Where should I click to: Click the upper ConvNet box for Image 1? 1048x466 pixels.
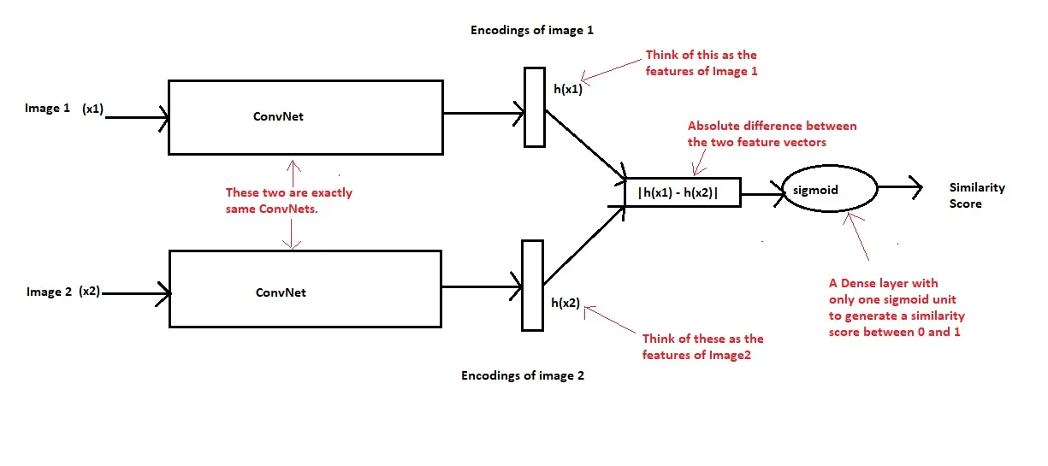305,117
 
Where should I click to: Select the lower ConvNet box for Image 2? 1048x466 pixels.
305,288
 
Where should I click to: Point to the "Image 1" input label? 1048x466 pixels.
48,109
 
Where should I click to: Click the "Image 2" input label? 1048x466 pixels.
49,292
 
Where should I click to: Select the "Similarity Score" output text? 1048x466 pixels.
977,195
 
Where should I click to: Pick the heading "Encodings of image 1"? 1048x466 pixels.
532,30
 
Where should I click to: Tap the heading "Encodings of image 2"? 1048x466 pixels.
523,375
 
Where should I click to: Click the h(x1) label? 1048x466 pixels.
568,88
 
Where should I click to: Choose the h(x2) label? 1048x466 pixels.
565,303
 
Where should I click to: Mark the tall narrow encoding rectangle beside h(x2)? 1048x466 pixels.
532,284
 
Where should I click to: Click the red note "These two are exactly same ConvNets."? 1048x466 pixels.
288,201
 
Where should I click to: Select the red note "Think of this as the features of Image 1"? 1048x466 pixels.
702,63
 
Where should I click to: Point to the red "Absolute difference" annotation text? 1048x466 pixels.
772,133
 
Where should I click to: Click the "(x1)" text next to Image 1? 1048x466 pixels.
92,109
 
